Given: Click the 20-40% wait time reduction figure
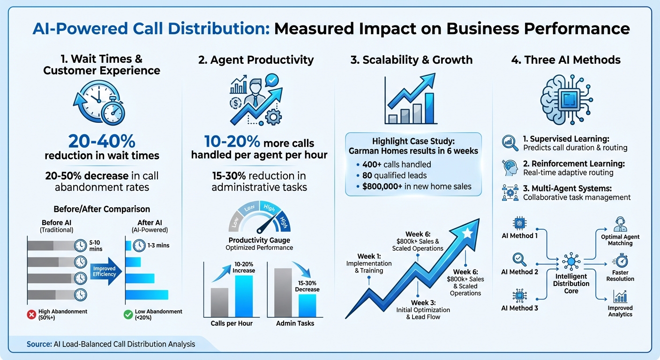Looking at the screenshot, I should tap(101, 141).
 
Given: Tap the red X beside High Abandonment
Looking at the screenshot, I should tap(32, 315).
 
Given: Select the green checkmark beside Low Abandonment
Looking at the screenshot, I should tap(127, 315).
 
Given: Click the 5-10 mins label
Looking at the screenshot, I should tap(95, 245).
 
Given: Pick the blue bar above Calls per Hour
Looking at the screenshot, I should tap(244, 296).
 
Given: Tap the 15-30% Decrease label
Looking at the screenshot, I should tap(307, 286).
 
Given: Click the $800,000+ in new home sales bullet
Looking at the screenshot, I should tap(413, 187).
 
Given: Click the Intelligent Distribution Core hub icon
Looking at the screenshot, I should tap(570, 260).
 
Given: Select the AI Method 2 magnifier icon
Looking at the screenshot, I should tap(519, 259).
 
